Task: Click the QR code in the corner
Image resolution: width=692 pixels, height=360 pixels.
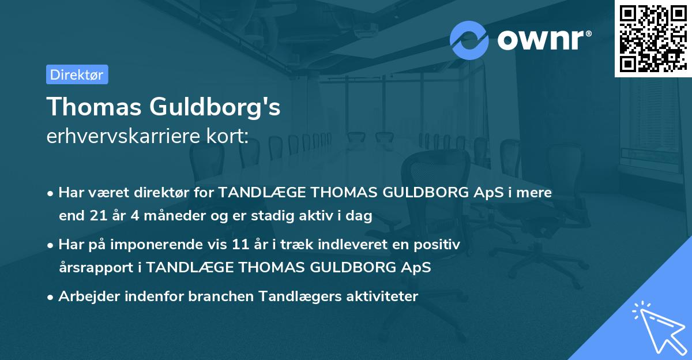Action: pos(653,38)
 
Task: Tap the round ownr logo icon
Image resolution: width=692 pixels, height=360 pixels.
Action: pos(469,40)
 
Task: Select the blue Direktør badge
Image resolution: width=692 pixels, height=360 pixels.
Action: pos(77,74)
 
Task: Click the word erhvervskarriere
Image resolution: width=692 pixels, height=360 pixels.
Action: pos(126,137)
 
